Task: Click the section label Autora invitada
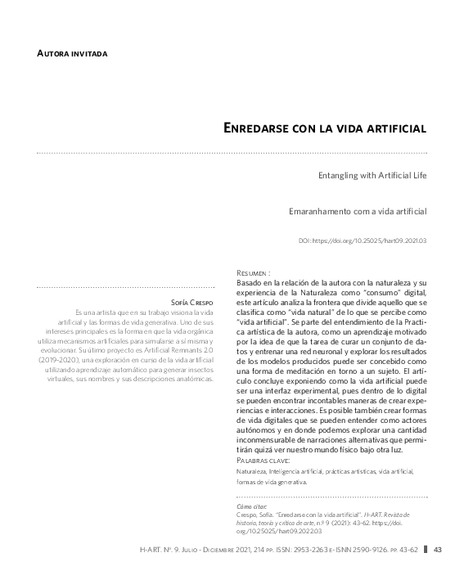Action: click(x=72, y=54)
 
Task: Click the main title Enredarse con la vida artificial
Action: click(x=326, y=128)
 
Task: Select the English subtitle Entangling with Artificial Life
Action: click(x=372, y=175)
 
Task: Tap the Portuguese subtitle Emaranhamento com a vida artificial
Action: click(x=358, y=211)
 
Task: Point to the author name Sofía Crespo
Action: click(x=191, y=302)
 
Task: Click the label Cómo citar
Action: click(x=248, y=506)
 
